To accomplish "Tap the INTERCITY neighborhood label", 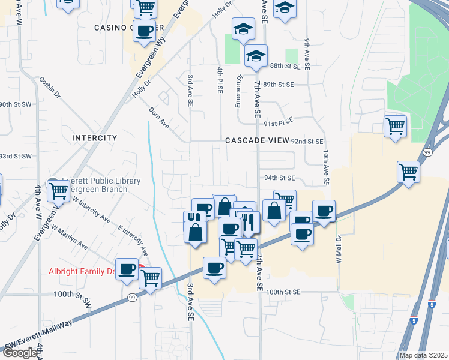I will click(94, 138).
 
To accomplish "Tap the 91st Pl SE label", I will click(279, 122).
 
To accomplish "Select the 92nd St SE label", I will click(307, 142).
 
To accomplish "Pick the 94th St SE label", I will click(279, 178).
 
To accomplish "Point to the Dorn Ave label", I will click(159, 117).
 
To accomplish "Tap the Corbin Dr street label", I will click(50, 87).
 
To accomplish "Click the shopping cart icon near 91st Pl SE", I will click(395, 127).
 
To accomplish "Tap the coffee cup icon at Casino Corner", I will click(144, 31).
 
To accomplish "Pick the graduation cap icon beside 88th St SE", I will click(256, 56).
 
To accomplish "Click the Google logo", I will click(20, 353).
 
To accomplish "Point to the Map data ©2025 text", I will click(423, 355).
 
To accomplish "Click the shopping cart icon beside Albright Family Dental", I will click(150, 278).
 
